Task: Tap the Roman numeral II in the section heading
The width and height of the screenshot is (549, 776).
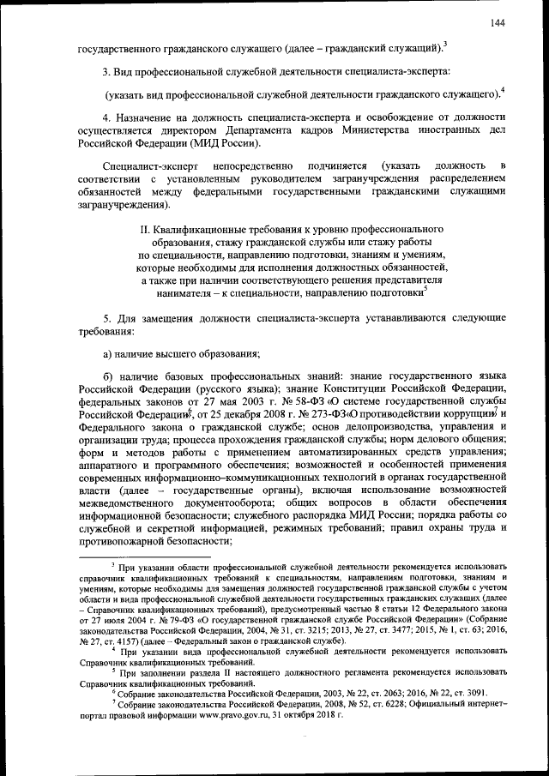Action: [x=143, y=231]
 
